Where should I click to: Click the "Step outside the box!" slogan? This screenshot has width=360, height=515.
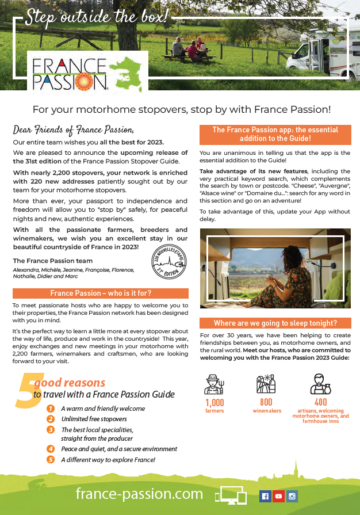98,17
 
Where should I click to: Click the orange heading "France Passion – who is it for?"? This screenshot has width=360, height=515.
101,293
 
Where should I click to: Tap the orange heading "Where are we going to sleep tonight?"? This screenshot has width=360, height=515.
275,323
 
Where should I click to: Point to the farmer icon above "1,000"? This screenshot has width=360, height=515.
215,383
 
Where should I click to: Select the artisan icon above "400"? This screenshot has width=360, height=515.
320,383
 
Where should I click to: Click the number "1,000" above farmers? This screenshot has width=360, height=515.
215,402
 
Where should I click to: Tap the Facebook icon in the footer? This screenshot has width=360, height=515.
265,496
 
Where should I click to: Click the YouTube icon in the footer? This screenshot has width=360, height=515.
279,496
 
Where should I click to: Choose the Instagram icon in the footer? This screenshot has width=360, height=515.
292,496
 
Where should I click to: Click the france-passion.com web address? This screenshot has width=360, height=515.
139,494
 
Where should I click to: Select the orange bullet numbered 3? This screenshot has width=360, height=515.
51,430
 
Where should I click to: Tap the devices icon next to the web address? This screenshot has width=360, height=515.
231,496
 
